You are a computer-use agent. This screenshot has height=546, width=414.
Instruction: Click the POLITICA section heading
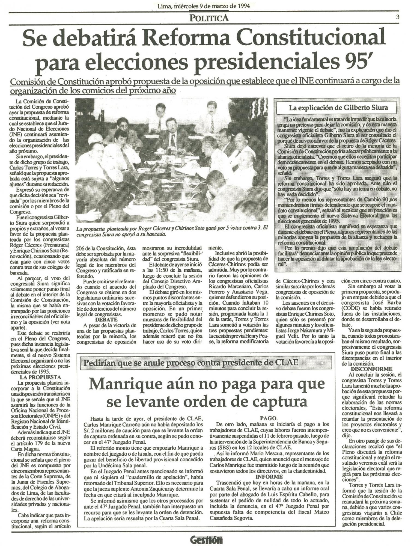pyautogui.click(x=209, y=18)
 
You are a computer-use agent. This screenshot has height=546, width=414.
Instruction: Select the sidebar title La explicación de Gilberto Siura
pyautogui.click(x=338, y=108)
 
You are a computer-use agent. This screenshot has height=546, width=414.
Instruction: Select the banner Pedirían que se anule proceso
pyautogui.click(x=190, y=363)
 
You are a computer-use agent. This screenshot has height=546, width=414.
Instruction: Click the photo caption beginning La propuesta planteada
pyautogui.click(x=171, y=232)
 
